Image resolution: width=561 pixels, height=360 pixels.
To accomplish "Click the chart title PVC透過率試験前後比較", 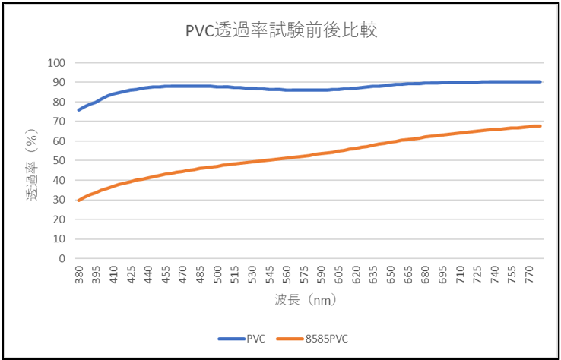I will click(x=281, y=31).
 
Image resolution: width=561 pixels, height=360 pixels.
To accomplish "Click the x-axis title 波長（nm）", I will click(x=304, y=301).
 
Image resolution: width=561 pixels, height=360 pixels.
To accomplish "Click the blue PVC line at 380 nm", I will click(x=79, y=110).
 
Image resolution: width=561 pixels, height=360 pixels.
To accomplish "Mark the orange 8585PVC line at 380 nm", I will click(x=79, y=200).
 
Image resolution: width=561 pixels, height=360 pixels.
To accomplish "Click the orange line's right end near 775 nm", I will click(x=539, y=126).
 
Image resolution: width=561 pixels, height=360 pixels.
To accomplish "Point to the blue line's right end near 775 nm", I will click(x=539, y=81).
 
